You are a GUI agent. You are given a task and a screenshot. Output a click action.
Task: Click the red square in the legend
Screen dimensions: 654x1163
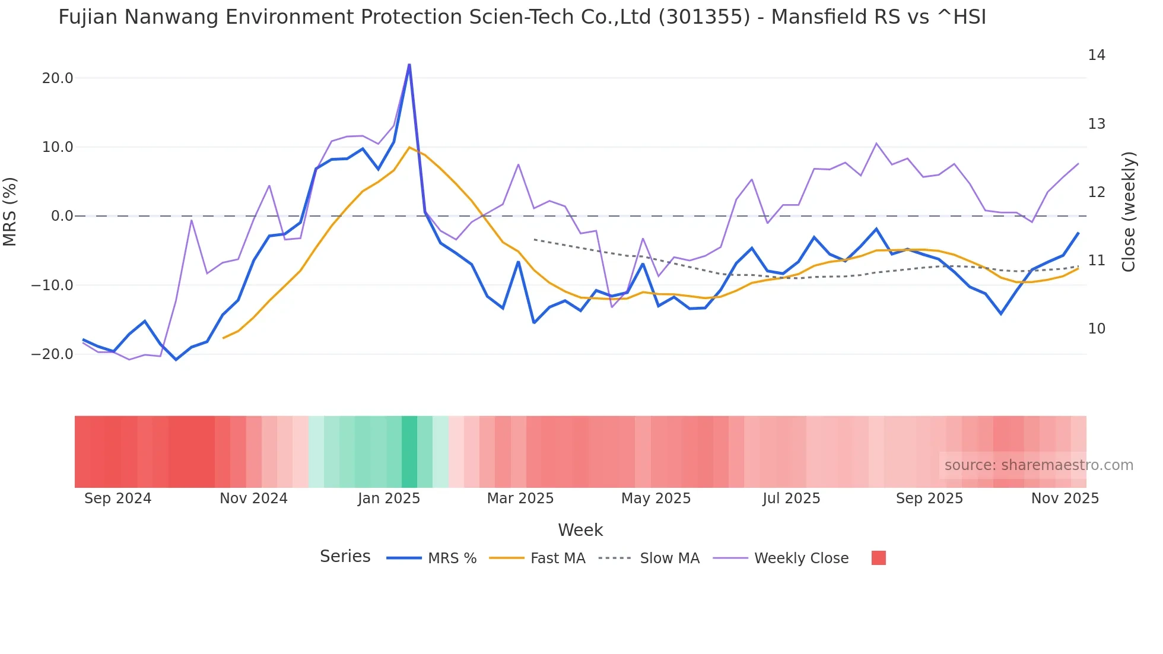point(878,558)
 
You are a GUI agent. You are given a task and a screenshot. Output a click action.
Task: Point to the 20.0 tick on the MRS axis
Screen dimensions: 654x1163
point(58,78)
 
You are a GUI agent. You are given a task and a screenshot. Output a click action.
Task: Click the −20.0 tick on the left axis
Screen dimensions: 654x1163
point(52,354)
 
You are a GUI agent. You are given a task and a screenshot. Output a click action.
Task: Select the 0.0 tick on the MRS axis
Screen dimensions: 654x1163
point(62,216)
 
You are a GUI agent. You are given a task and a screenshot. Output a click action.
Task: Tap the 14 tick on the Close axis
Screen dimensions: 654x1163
point(1097,55)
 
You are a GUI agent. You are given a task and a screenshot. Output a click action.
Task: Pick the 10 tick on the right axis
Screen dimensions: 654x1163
point(1097,329)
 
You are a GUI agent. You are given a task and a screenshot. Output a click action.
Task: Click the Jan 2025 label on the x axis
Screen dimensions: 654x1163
point(389,499)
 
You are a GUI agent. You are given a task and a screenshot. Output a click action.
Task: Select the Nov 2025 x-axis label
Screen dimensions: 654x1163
point(1065,499)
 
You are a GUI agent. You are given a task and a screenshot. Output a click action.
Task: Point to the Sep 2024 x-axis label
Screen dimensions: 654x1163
point(117,499)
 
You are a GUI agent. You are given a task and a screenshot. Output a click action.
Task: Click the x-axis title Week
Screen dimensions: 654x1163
point(580,530)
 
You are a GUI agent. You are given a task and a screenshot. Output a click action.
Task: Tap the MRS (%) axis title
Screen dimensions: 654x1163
point(10,211)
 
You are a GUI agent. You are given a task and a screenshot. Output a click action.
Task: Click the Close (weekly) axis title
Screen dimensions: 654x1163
point(1129,211)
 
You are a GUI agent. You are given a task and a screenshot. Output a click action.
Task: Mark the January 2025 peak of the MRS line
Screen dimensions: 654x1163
point(409,65)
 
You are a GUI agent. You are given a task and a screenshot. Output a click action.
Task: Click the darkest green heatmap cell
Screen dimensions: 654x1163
point(409,452)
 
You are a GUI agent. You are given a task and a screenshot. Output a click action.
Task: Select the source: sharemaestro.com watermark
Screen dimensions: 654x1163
point(1038,465)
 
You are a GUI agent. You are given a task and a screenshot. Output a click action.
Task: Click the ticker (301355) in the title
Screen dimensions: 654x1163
point(704,17)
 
